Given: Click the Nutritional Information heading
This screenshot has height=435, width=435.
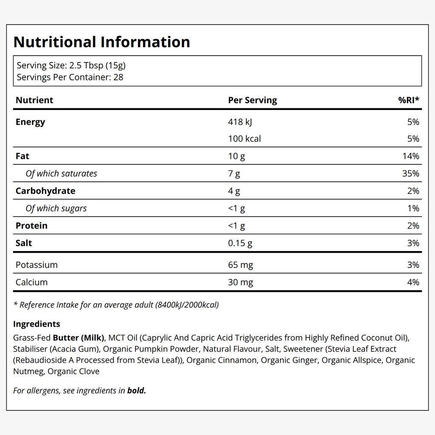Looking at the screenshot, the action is [102, 42].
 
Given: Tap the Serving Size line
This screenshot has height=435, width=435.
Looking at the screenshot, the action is [71, 65].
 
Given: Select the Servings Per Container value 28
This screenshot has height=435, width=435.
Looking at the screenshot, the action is [118, 77].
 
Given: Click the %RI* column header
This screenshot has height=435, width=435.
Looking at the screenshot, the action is [409, 100].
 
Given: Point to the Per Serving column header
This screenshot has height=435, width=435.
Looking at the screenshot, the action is [252, 100].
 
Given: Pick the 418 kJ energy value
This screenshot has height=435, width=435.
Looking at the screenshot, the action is [240, 122].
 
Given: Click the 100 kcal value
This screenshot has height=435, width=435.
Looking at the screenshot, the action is [244, 139].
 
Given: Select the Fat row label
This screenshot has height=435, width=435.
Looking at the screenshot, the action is [22, 156].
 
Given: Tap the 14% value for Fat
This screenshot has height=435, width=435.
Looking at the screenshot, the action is [411, 156].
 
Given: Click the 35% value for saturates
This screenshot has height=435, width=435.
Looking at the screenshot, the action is [411, 173].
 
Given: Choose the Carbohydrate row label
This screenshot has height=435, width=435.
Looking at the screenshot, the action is [45, 191].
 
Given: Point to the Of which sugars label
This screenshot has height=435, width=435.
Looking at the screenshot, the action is [56, 208].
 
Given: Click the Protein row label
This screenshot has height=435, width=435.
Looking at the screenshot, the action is [31, 226].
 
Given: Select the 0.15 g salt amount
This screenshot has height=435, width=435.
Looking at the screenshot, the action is [240, 243].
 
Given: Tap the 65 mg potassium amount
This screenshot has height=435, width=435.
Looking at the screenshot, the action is [240, 265].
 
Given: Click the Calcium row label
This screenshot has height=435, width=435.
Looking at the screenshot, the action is [31, 282].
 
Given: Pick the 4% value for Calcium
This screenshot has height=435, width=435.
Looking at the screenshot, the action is [413, 282].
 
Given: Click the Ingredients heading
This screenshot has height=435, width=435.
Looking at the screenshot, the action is [37, 324].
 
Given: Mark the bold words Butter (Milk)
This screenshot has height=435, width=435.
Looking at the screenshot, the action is [79, 338].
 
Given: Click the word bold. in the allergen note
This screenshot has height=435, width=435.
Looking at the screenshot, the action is [136, 390].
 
